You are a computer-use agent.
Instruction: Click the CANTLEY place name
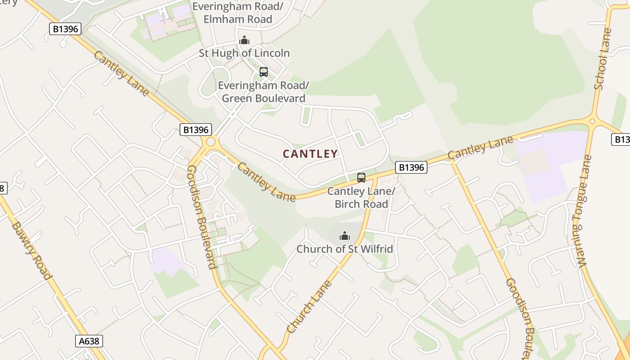310,154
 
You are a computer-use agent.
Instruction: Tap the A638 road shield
89,341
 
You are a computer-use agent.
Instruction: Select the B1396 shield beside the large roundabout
196,130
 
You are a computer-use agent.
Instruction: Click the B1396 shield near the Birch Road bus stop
411,168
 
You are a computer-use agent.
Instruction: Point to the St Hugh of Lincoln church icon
244,40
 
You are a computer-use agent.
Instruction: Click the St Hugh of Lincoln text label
244,53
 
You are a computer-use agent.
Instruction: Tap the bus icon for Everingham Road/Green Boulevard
264,72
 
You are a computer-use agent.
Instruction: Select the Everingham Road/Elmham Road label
238,13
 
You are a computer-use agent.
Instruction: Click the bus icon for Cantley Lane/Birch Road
361,178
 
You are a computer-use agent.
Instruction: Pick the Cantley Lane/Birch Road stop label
361,198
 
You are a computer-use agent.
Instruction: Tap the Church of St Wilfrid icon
345,236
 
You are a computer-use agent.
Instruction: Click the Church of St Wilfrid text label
345,249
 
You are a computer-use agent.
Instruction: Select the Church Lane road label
309,307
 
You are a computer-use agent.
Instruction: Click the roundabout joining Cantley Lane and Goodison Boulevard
210,143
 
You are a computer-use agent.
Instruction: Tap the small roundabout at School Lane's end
592,121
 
